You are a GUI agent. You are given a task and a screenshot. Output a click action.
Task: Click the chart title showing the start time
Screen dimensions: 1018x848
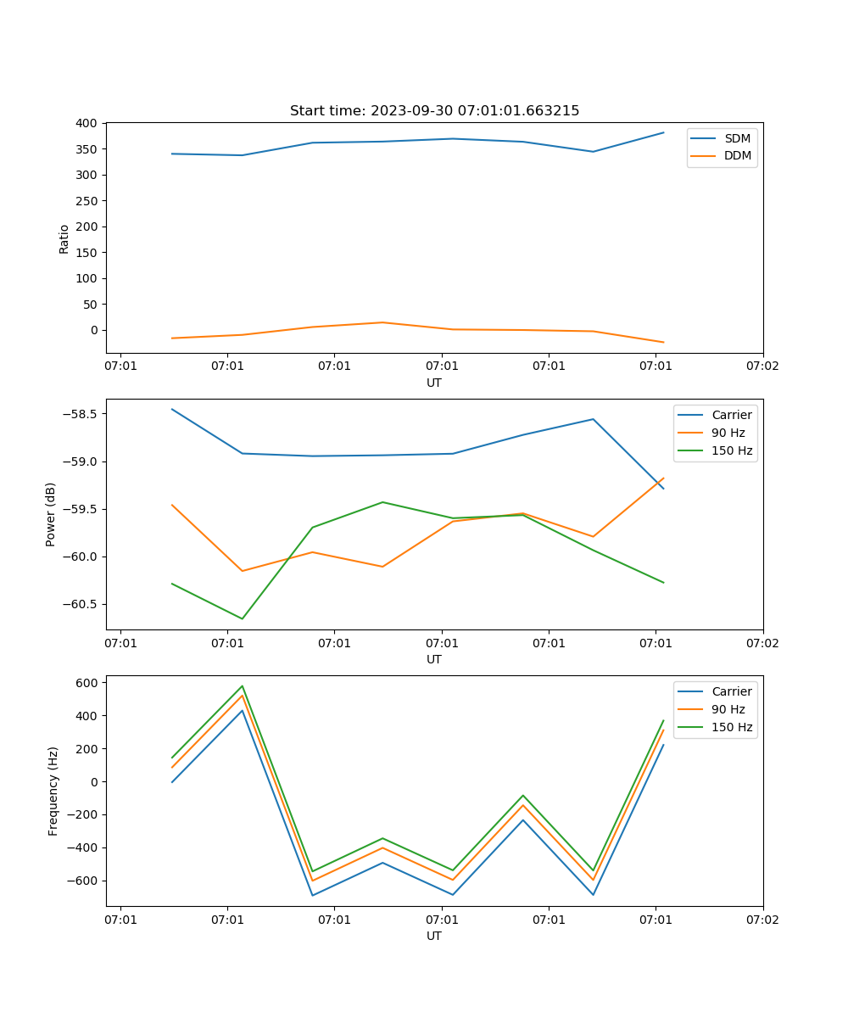pos(434,111)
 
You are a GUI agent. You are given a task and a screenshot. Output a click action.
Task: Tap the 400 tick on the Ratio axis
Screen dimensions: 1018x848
pos(86,123)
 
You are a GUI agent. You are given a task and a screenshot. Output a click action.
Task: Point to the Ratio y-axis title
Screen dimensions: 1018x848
pos(64,238)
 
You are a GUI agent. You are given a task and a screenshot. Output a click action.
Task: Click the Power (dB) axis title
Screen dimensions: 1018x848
pos(51,514)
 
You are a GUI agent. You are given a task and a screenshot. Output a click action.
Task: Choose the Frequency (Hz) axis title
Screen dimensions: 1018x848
pos(53,791)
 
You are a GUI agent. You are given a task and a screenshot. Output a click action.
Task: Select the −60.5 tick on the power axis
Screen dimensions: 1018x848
pos(77,604)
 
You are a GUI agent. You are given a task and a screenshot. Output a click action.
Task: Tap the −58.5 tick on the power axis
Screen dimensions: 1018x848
pos(77,414)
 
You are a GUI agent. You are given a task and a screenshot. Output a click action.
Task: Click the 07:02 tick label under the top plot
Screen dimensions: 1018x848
pos(762,366)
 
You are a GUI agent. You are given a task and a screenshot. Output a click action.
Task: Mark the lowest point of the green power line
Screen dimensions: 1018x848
pos(243,618)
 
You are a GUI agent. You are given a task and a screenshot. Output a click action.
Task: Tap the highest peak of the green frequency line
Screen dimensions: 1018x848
pos(243,685)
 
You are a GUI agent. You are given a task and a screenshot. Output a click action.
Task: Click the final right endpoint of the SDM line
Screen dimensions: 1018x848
pos(663,132)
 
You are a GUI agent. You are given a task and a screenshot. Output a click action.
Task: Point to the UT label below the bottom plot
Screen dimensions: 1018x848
pos(434,936)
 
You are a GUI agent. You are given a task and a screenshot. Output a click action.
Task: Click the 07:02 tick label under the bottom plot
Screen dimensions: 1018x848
pos(762,920)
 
